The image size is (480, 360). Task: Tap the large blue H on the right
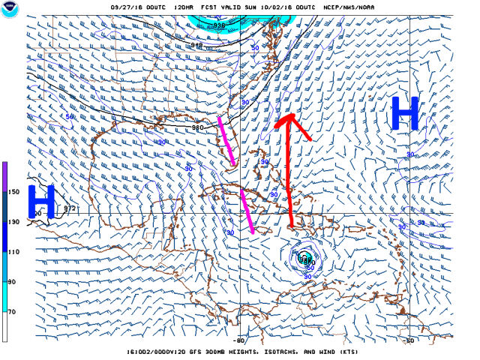coord(404,115)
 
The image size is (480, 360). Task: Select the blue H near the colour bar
coord(41,203)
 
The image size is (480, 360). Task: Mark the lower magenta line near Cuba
coord(247,211)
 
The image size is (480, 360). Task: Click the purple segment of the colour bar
coord(4,176)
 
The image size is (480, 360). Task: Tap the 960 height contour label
coord(198,127)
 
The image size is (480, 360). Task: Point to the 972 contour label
coord(70,208)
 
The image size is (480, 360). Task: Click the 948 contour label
coord(196,45)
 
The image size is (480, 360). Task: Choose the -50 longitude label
coord(410,339)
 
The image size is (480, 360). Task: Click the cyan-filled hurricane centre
coord(304,259)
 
